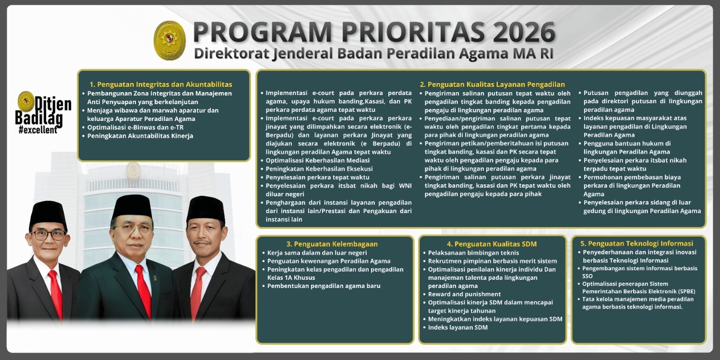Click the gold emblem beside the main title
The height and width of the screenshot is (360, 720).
169,40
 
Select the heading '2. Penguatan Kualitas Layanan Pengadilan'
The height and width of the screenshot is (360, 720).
492,84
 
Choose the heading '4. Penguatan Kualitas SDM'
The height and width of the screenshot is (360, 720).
492,244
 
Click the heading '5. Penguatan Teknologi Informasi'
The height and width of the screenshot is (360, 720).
636,243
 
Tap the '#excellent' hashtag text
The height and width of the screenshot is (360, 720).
37,130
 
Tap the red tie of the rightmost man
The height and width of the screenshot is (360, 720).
197,293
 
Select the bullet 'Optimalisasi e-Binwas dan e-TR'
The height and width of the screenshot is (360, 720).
135,127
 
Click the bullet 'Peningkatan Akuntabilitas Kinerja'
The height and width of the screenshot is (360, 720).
140,136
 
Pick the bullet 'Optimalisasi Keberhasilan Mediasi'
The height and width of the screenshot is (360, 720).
317,160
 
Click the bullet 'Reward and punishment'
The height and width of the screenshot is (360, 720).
464,294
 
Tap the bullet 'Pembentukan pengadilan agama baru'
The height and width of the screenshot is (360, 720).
324,286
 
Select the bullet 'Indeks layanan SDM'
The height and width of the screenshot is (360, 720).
457,327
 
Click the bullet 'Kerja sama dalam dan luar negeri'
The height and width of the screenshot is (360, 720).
317,252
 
